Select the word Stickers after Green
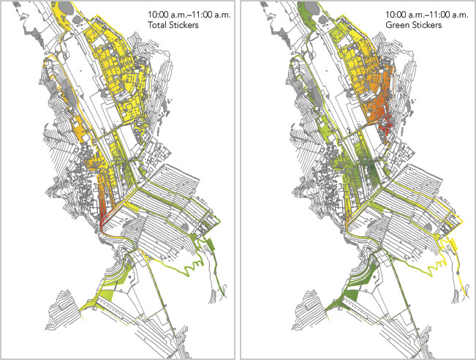(x=431, y=26)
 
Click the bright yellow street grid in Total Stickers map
(x=135, y=80)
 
